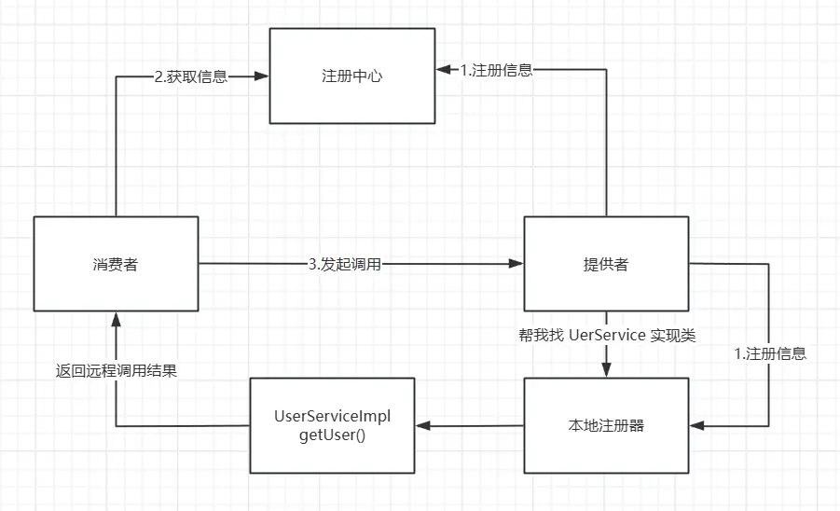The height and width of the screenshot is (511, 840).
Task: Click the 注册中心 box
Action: [x=351, y=76]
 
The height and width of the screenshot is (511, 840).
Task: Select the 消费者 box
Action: [x=116, y=264]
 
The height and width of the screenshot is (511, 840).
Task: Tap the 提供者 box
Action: [x=606, y=264]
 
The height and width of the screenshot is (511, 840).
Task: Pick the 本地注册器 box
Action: [x=606, y=426]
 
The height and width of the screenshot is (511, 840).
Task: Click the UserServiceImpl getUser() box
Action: [x=331, y=425]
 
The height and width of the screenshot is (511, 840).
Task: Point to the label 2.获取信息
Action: [x=191, y=76]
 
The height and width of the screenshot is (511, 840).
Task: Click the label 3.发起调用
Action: [x=345, y=264]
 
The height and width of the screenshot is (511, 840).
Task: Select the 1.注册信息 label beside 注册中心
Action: [x=497, y=70]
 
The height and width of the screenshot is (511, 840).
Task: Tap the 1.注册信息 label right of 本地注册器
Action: [x=770, y=353]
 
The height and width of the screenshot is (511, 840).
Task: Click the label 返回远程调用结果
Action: [x=116, y=370]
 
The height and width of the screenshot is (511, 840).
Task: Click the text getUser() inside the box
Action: [x=331, y=435]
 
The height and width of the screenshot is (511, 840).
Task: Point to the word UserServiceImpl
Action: [x=331, y=415]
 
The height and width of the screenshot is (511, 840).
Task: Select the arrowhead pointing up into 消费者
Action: [x=116, y=320]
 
